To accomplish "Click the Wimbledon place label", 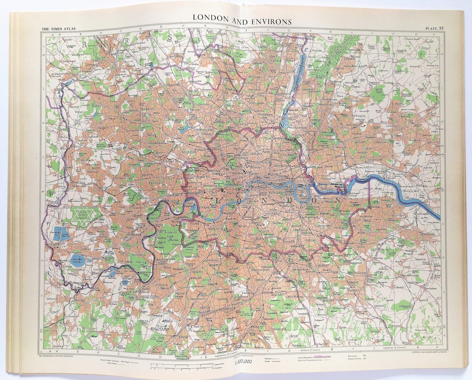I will (x=194, y=257).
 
